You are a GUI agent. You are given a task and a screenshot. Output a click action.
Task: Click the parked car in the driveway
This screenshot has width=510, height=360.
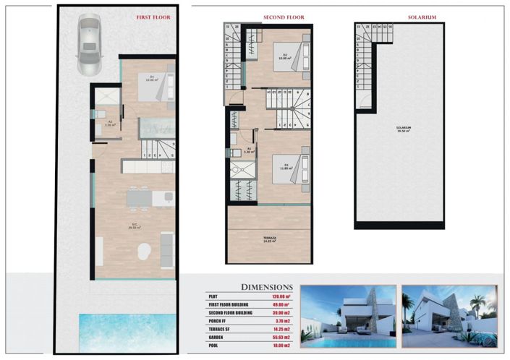(x=89, y=45)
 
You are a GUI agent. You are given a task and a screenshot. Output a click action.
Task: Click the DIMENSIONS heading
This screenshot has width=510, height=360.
(x=266, y=287)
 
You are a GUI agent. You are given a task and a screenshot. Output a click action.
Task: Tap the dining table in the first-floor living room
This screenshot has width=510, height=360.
(x=137, y=198)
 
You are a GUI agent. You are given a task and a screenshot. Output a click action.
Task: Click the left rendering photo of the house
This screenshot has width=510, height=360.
(x=348, y=317)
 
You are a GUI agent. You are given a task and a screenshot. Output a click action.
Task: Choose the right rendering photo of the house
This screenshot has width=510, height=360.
(x=449, y=317)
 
